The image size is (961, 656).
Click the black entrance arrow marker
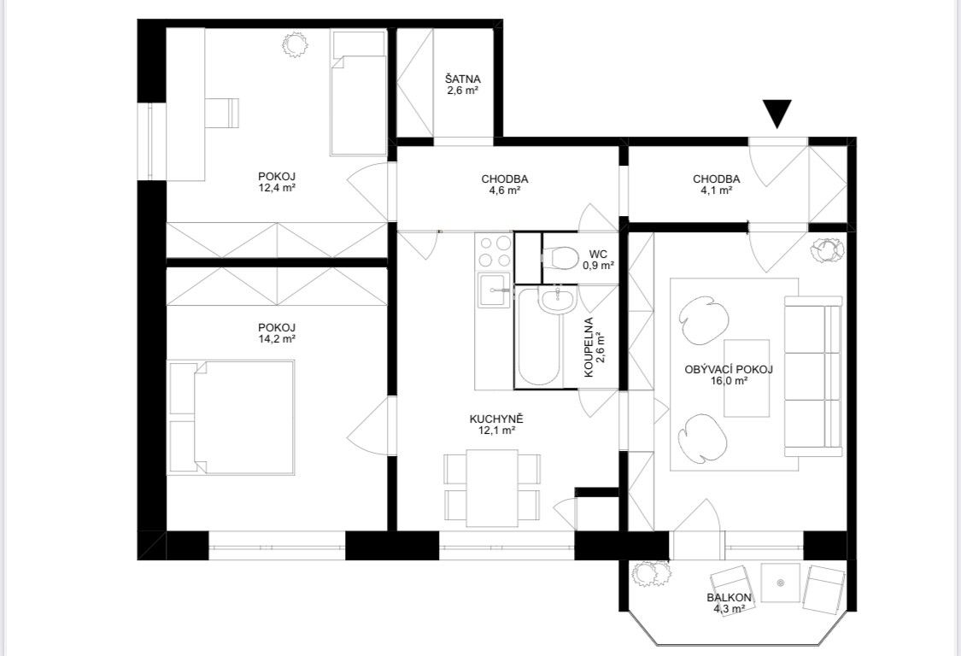pyautogui.click(x=777, y=113)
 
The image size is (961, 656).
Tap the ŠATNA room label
pyautogui.click(x=463, y=79)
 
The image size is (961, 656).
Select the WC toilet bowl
pyautogui.click(x=559, y=257)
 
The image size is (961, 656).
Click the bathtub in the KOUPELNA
pyautogui.click(x=537, y=337)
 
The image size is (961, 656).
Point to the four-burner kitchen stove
pyautogui.click(x=494, y=251)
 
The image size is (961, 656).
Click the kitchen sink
pyautogui.click(x=494, y=291)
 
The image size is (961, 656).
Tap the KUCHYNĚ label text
pyautogui.click(x=495, y=419)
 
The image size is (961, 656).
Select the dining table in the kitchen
pyautogui.click(x=492, y=488)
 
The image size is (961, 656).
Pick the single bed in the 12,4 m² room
pyautogui.click(x=358, y=92)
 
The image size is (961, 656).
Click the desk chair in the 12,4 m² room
pyautogui.click(x=222, y=113)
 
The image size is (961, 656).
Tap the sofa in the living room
pyautogui.click(x=814, y=376)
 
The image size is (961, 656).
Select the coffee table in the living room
pyautogui.click(x=747, y=378)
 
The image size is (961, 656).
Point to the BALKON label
pyautogui.click(x=729, y=598)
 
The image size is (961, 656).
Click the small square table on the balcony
pyautogui.click(x=780, y=583)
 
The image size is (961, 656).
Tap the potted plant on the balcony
pyautogui.click(x=652, y=574)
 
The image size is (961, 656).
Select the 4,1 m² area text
pyautogui.click(x=716, y=190)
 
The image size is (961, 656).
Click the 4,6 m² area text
pyautogui.click(x=504, y=190)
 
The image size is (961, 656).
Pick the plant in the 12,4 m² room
pyautogui.click(x=294, y=44)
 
